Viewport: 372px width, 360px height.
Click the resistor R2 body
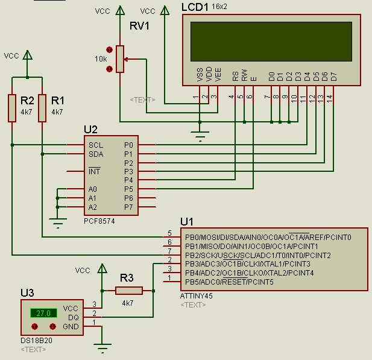[12, 108]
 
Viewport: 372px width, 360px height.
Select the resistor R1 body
[42, 108]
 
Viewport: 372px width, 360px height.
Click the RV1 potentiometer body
[120, 58]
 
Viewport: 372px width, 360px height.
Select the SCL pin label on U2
[96, 145]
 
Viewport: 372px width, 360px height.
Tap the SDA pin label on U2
[96, 154]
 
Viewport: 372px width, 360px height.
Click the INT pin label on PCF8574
[95, 172]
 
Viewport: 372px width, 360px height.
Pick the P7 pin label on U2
[128, 207]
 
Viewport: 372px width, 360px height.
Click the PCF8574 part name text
[99, 221]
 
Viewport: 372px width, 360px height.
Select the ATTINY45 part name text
[197, 296]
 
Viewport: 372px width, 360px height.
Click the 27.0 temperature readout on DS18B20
[42, 313]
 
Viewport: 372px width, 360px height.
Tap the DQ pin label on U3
[74, 317]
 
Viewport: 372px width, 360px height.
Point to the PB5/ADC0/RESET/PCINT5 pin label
[229, 282]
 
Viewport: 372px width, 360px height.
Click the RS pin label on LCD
[235, 76]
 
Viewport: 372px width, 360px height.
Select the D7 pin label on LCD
[333, 76]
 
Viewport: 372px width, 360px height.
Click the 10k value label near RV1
[100, 58]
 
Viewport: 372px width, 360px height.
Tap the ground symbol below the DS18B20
[103, 347]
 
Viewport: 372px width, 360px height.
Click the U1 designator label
[187, 221]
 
